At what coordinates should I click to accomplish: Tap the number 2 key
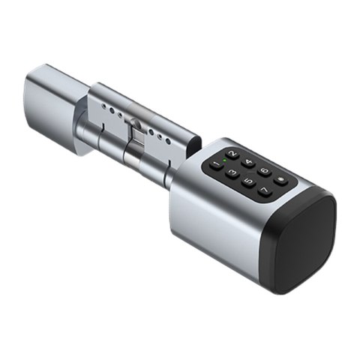(x=232, y=154)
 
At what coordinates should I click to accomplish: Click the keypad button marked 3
(x=233, y=172)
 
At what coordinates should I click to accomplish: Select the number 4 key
(x=248, y=162)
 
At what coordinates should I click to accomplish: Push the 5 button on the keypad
(x=248, y=181)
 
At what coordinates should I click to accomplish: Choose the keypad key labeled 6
(x=264, y=170)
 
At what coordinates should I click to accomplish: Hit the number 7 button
(x=265, y=189)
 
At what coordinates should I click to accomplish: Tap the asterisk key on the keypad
(x=280, y=180)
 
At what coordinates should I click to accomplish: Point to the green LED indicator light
(x=224, y=160)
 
